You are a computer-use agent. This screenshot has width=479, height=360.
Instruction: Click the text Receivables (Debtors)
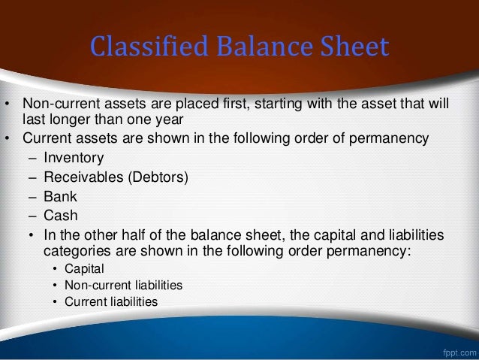click(105, 177)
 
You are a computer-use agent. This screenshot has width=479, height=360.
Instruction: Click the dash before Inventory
click(31, 159)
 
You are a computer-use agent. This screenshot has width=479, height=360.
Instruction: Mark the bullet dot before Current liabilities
click(54, 301)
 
